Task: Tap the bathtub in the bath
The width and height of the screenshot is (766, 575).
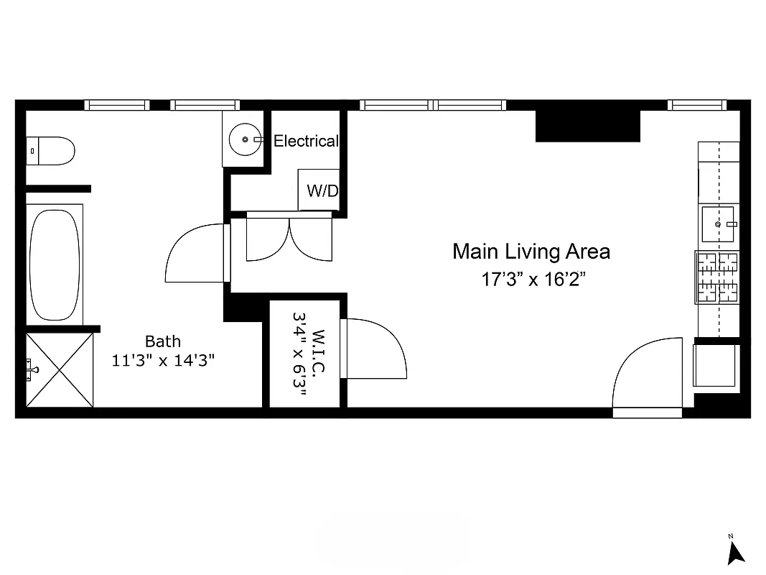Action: pyautogui.click(x=55, y=264)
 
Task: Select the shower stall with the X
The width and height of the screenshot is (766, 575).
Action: pyautogui.click(x=60, y=369)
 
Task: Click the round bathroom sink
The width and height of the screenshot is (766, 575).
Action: pyautogui.click(x=245, y=139)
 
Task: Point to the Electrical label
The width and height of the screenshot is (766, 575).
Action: pyautogui.click(x=305, y=142)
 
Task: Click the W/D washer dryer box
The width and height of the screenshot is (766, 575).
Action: pyautogui.click(x=319, y=190)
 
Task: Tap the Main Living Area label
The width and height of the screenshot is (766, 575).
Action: pyautogui.click(x=531, y=252)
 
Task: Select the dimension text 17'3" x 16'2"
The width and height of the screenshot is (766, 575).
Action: pyautogui.click(x=534, y=280)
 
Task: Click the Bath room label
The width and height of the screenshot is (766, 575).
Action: pyautogui.click(x=163, y=341)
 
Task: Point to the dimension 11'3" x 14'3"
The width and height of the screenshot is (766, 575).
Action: pyautogui.click(x=163, y=361)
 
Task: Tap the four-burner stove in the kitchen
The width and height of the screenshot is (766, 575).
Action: pyautogui.click(x=717, y=277)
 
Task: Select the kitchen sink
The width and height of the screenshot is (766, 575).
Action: pyautogui.click(x=717, y=224)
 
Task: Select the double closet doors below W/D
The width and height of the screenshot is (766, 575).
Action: pyautogui.click(x=289, y=237)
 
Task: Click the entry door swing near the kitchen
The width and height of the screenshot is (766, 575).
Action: pyautogui.click(x=646, y=377)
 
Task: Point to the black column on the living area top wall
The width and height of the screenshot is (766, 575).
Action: pyautogui.click(x=588, y=126)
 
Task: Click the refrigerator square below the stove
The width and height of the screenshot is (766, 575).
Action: pyautogui.click(x=714, y=365)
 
